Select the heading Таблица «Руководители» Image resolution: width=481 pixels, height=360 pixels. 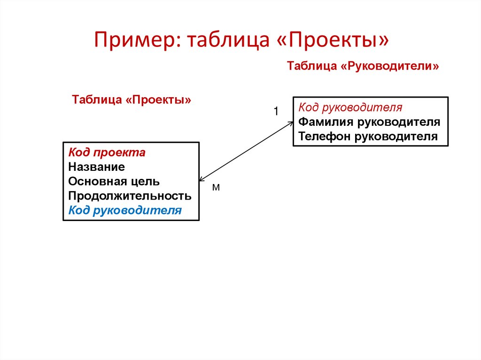363,66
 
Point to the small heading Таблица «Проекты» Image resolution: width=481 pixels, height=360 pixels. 132,100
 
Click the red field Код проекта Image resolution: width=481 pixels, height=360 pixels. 107,153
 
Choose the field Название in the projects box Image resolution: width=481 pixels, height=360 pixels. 96,167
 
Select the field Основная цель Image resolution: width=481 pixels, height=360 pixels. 114,181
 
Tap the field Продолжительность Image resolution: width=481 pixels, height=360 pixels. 130,196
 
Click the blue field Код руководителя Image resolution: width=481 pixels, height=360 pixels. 125,210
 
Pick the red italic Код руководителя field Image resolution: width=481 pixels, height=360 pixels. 350,107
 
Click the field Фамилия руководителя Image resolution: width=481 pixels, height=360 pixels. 369,122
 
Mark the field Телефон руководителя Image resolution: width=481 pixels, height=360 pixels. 368,137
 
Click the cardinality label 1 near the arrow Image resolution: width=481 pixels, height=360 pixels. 276,111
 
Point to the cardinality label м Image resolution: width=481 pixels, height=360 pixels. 216,188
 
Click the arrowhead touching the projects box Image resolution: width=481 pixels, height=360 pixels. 202,179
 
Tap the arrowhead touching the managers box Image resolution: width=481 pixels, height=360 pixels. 290,123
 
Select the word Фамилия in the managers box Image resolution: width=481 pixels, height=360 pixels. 326,122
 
